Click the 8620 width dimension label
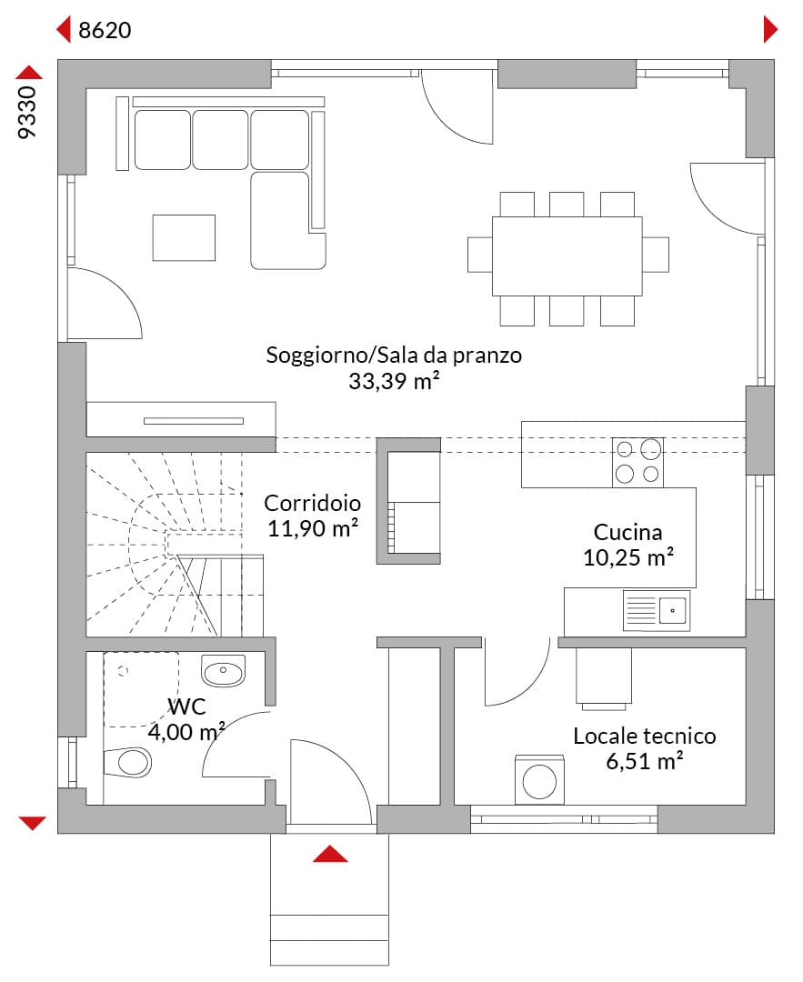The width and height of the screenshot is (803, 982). [105, 30]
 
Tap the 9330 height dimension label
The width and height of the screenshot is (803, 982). [27, 112]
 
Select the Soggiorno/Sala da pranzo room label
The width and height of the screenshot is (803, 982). [394, 356]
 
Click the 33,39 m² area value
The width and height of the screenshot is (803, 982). [394, 381]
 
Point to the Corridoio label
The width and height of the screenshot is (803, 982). [313, 503]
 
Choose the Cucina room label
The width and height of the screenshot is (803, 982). [627, 532]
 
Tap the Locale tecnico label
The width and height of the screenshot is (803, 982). [645, 736]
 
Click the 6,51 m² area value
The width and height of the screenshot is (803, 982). [645, 762]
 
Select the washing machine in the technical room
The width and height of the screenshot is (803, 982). [539, 780]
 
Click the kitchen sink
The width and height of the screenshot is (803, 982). [657, 610]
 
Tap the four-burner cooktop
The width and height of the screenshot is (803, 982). [637, 462]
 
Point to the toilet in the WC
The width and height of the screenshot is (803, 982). [127, 762]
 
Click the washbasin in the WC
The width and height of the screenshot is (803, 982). [223, 671]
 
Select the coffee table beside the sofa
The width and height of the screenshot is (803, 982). [184, 238]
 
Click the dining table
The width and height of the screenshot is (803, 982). [567, 256]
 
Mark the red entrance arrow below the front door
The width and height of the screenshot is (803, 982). [330, 854]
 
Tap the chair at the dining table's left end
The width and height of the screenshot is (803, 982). [480, 255]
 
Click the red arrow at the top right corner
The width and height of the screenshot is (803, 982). [770, 29]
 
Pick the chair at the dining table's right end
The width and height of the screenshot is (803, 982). [656, 255]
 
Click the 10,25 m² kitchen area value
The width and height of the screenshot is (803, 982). [628, 557]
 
